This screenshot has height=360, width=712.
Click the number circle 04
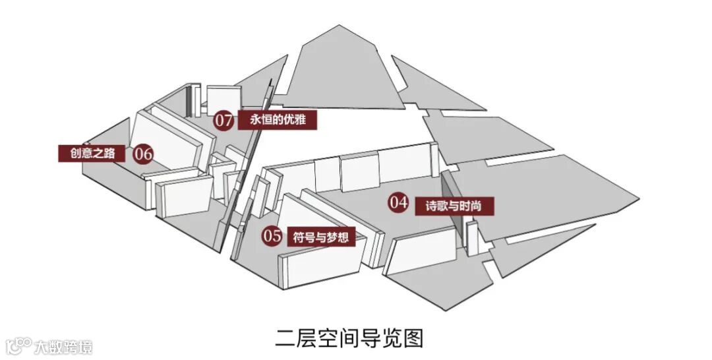(x=399, y=202)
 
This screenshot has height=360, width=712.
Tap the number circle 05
(x=272, y=235)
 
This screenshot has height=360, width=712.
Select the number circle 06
(x=143, y=154)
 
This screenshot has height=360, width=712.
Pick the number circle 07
(x=223, y=120)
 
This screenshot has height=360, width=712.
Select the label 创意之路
(x=94, y=154)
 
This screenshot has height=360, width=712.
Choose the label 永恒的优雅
(x=278, y=120)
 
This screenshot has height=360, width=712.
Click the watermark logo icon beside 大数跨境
(x=18, y=346)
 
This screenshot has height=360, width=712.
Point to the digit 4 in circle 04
(x=403, y=202)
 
